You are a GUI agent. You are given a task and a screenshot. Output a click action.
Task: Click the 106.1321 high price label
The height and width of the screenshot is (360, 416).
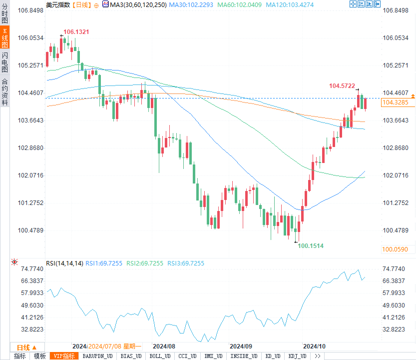[76, 32]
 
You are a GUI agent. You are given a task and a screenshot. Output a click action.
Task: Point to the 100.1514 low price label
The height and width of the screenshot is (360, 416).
[311, 245]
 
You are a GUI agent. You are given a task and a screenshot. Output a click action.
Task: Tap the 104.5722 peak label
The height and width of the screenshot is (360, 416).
[342, 86]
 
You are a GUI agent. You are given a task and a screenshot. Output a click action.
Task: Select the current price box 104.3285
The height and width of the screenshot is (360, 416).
[395, 102]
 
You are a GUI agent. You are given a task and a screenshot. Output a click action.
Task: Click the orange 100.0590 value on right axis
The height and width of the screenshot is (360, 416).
[395, 249]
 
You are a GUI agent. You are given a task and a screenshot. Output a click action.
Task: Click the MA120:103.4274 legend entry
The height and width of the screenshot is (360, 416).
[290, 4]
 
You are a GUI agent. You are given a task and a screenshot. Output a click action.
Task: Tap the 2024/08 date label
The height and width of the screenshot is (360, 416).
[164, 346]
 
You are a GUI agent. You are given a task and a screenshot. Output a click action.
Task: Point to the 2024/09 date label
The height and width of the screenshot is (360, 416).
[241, 346]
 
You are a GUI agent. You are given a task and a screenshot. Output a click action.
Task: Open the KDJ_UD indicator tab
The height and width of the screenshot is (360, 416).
[299, 356]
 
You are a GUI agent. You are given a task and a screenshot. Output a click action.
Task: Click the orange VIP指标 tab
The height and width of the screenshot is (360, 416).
[64, 356]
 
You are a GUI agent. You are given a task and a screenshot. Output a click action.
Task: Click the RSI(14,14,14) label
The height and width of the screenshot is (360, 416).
[64, 263]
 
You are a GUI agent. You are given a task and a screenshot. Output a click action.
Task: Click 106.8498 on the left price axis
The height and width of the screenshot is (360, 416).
[31, 10]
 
